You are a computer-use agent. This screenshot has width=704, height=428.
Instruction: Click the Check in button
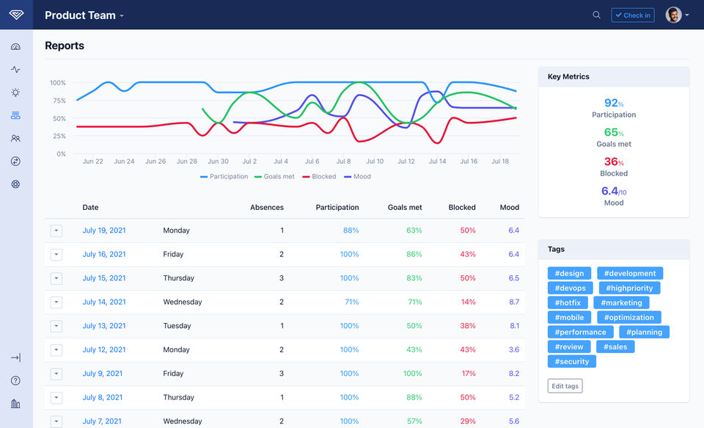click(x=632, y=15)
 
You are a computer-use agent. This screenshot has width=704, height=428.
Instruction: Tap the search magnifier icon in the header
click(x=596, y=15)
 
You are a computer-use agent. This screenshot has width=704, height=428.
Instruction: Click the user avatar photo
click(x=673, y=15)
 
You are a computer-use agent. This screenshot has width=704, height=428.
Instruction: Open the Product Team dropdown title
click(x=84, y=15)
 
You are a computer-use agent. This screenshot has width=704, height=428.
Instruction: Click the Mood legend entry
click(x=358, y=176)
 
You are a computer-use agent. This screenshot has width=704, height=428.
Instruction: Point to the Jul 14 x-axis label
click(x=437, y=162)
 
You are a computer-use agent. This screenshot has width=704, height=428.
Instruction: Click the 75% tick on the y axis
click(x=58, y=101)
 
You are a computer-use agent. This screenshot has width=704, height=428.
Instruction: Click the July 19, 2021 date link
click(x=104, y=231)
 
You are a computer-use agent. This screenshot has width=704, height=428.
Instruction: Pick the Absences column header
click(x=267, y=208)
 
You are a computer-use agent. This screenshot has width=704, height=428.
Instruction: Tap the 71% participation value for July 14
click(x=351, y=302)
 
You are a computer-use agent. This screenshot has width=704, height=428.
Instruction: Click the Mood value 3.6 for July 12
click(x=513, y=349)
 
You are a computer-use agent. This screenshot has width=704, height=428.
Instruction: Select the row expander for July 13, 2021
click(x=56, y=326)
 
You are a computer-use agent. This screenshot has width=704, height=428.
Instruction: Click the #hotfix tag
click(x=568, y=302)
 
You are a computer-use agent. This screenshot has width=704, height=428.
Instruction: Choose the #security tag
click(x=572, y=361)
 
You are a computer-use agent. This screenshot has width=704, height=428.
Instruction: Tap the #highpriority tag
click(x=630, y=288)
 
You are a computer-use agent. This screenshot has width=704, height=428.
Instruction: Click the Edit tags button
click(x=565, y=386)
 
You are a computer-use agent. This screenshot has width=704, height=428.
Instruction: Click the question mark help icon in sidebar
click(x=15, y=380)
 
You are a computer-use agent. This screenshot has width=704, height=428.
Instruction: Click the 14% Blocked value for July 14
click(x=469, y=302)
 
